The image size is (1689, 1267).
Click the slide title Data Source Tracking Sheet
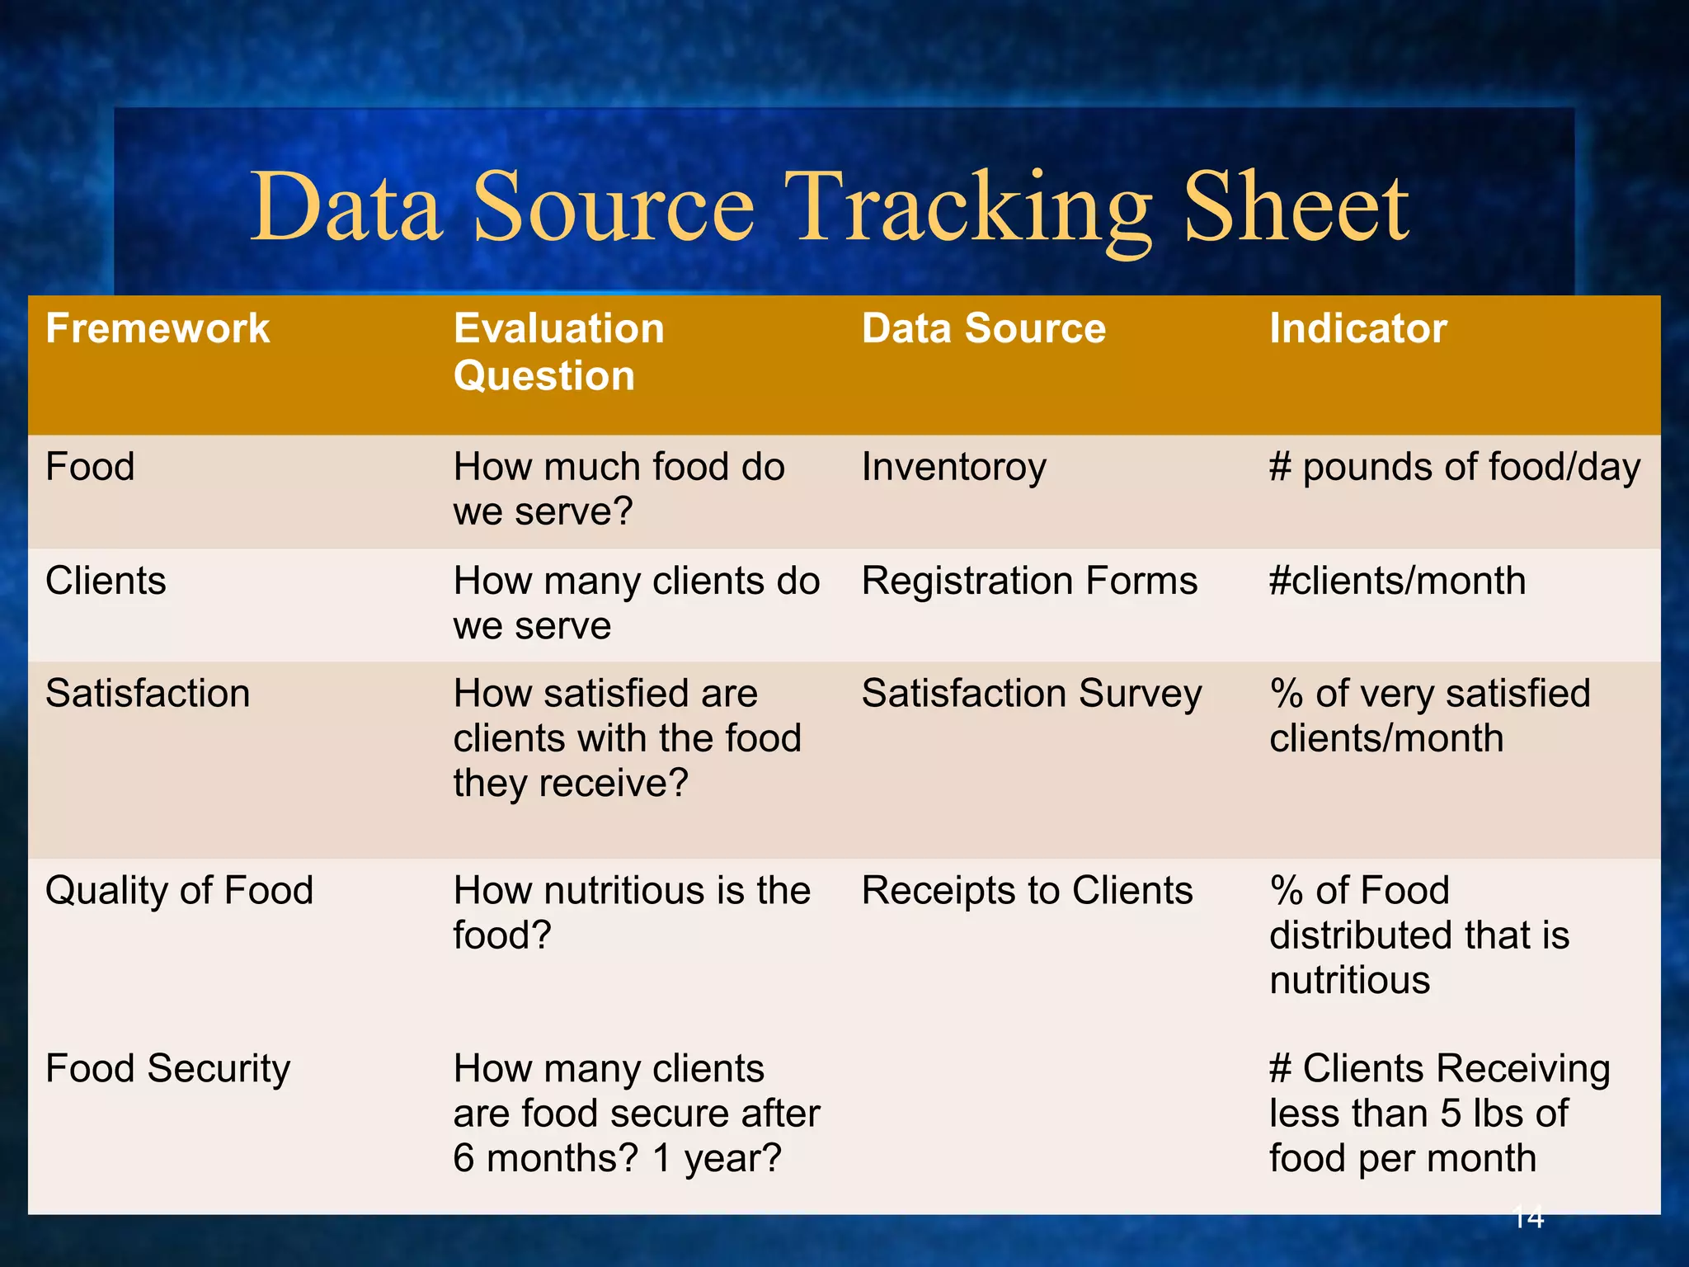829,208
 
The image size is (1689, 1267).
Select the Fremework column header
158,328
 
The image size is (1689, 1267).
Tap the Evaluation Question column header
558,351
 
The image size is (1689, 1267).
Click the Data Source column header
983,328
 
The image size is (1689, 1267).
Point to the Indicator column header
1357,328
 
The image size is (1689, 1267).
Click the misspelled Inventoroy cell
953,468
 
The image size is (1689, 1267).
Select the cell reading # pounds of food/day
1454,468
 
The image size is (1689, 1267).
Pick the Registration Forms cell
1029,581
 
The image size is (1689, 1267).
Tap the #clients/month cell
1397,581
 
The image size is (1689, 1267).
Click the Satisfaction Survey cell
1031,694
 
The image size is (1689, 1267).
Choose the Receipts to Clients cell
1027,891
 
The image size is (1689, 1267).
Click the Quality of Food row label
179,891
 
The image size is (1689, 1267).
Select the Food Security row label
167,1069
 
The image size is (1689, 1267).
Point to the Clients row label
106,581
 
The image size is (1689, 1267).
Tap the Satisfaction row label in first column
148,694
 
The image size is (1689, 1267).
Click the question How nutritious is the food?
631,912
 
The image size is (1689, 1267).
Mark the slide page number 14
1528,1217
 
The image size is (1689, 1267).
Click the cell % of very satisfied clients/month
1429,715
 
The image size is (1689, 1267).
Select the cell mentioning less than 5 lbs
1439,1114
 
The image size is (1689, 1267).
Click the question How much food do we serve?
619,489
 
